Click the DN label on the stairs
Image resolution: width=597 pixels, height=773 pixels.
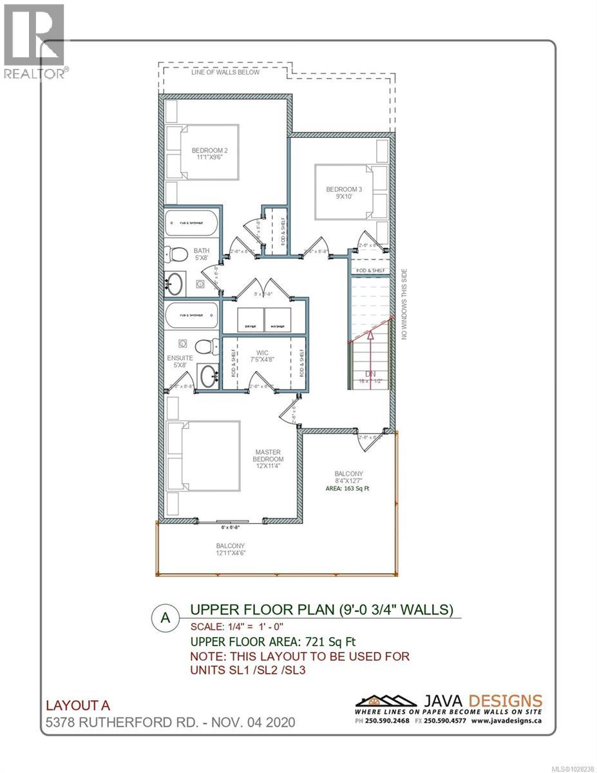click(x=369, y=374)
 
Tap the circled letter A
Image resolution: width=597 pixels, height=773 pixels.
click(x=166, y=617)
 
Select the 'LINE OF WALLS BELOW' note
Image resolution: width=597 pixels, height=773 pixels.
click(x=225, y=72)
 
